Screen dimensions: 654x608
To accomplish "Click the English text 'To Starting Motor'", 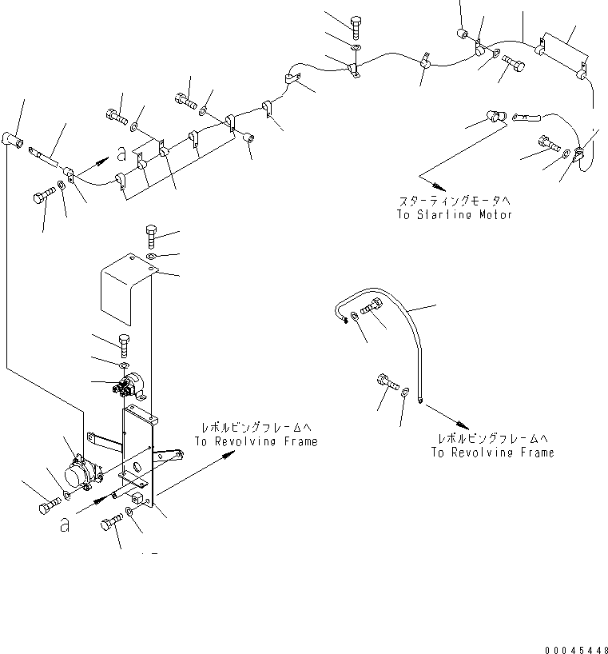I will click(454, 215).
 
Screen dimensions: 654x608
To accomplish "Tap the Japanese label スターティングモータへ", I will click(454, 202).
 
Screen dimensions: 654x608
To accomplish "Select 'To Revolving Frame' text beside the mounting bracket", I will click(255, 441).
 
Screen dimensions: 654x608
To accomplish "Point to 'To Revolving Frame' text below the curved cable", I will click(492, 453).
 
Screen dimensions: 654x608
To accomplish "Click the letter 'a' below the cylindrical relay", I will click(63, 524).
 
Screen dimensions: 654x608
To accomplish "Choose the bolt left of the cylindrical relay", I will click(47, 507).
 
